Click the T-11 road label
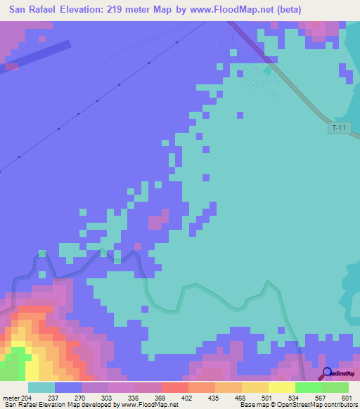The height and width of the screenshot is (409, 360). coord(339,127)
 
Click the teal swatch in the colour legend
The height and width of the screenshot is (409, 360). coord(41,387)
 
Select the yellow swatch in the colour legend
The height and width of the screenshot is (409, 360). coord(281,387)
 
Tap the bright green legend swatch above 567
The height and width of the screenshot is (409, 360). coord(308,387)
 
